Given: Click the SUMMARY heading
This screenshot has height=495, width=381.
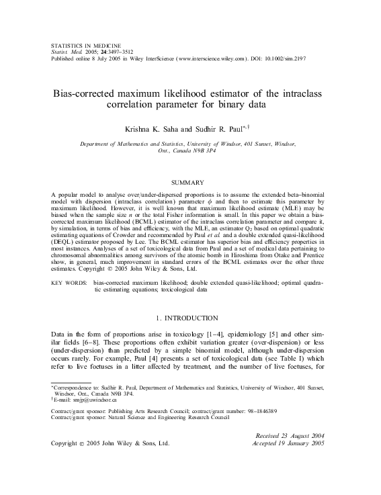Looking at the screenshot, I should tap(191, 182).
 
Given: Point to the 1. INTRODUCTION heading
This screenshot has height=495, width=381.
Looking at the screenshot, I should tap(191, 317).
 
